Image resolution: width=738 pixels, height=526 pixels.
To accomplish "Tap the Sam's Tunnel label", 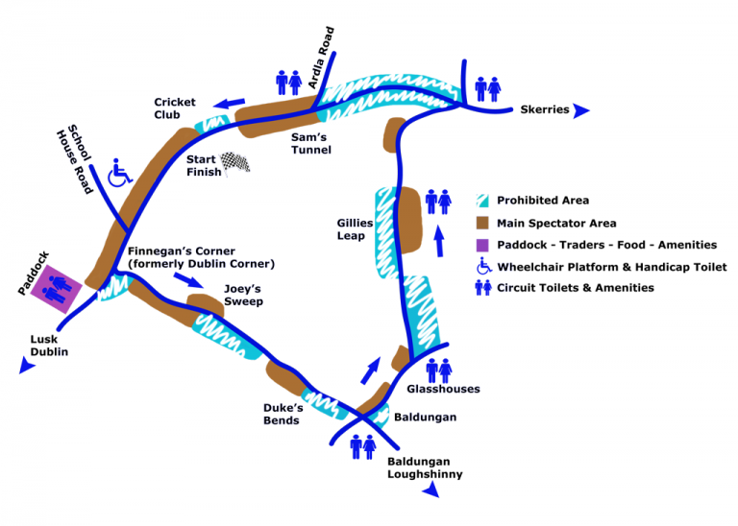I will [311, 143].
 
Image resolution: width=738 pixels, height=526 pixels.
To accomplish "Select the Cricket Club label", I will [175, 108].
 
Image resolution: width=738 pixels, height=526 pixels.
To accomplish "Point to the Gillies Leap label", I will [349, 229].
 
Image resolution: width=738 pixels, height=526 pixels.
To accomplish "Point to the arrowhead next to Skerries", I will [581, 110].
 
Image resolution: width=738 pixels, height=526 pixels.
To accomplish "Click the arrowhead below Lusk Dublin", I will [24, 369].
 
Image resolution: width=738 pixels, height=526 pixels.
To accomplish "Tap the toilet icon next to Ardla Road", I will [289, 83].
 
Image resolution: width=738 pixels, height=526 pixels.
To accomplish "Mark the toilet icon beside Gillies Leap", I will [438, 203].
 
